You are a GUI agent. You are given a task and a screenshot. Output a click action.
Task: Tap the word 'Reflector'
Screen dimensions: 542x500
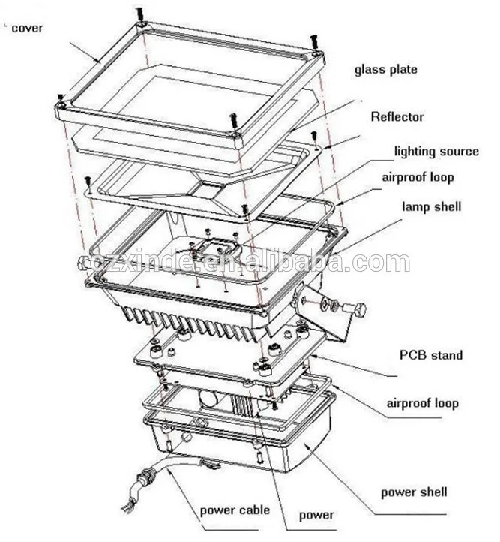397,116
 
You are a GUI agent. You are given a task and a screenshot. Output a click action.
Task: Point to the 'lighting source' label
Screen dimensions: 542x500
436,152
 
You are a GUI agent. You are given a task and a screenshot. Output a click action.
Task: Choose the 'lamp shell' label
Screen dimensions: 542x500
432,206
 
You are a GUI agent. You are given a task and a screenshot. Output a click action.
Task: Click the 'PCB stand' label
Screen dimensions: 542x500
430,355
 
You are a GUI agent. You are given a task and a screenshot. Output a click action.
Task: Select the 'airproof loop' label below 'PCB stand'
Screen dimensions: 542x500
422,403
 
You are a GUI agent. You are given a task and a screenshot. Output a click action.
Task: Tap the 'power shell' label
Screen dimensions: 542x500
414,492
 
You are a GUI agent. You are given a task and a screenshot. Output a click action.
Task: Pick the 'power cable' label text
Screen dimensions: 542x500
235,511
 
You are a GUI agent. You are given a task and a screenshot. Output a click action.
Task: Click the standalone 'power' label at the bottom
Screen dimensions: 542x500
316,516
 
